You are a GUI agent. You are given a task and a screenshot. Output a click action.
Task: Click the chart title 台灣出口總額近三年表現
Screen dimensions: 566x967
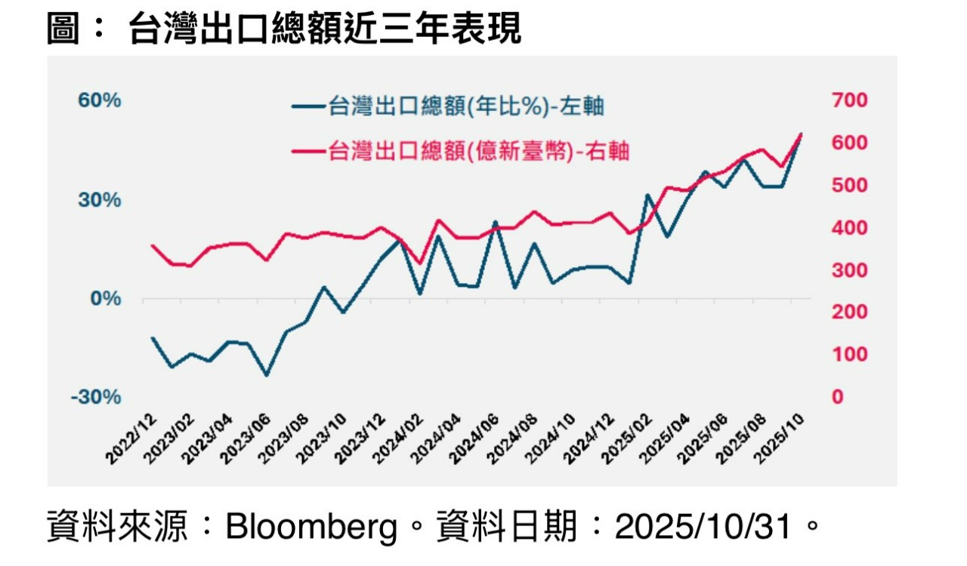pos(325,30)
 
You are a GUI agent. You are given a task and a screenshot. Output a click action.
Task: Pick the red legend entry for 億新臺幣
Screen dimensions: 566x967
pos(461,152)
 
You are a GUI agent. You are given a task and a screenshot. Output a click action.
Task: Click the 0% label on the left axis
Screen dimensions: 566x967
pos(106,299)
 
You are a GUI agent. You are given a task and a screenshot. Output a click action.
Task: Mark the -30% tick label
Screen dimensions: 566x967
pos(96,398)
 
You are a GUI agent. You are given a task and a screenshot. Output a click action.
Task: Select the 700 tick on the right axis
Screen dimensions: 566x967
pos(849,100)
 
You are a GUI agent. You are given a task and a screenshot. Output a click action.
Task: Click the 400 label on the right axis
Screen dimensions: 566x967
pos(849,228)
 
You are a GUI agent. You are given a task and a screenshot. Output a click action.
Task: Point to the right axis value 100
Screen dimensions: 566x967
pos(849,355)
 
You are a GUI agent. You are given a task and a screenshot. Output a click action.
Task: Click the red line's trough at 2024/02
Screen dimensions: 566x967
pos(420,264)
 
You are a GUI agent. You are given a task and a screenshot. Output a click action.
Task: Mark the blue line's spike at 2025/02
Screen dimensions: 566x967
pos(647,195)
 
